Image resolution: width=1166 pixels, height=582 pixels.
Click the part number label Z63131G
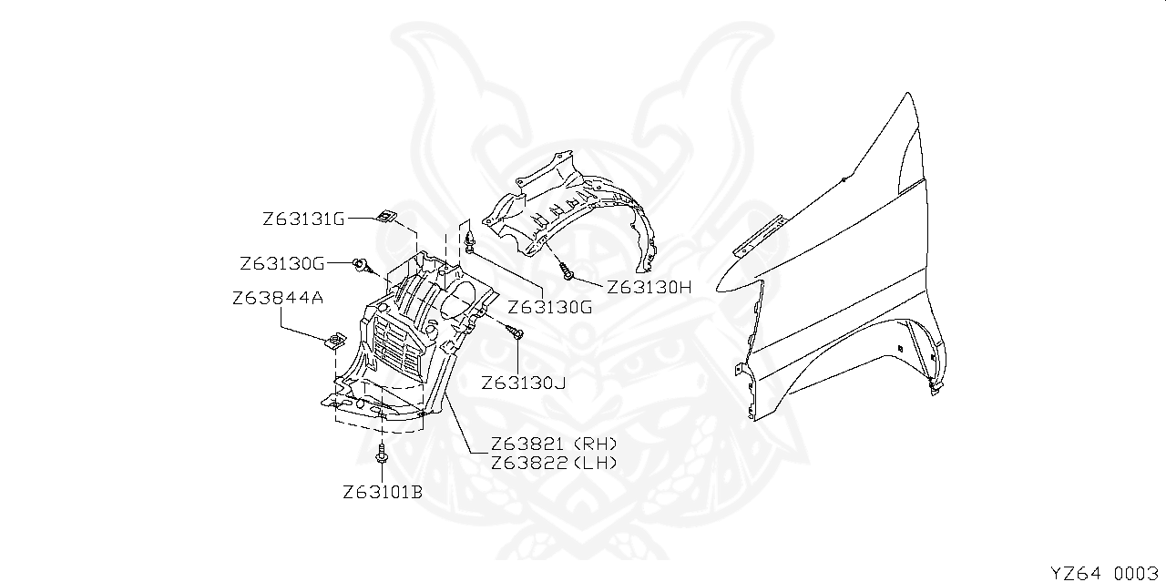pyautogui.click(x=303, y=220)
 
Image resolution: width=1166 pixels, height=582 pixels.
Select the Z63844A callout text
pyautogui.click(x=278, y=299)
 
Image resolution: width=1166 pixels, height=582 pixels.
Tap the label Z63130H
pyautogui.click(x=649, y=287)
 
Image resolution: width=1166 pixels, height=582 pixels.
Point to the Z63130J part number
pyautogui.click(x=523, y=383)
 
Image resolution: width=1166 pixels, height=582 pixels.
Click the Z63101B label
pyautogui.click(x=383, y=492)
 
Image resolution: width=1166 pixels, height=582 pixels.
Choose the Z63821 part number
pyautogui.click(x=527, y=444)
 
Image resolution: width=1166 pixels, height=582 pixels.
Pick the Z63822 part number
pyautogui.click(x=527, y=463)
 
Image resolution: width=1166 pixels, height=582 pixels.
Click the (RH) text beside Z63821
pyautogui.click(x=595, y=444)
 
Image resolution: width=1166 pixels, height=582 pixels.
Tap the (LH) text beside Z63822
pyautogui.click(x=595, y=463)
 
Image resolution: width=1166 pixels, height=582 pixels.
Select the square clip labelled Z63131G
pyautogui.click(x=385, y=216)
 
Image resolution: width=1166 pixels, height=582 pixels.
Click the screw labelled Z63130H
pyautogui.click(x=567, y=271)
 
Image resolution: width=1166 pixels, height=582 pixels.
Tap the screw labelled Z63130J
pyautogui.click(x=516, y=332)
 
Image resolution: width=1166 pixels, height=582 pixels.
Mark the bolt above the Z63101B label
pyautogui.click(x=382, y=453)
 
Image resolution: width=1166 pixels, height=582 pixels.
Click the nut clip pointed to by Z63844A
pyautogui.click(x=334, y=341)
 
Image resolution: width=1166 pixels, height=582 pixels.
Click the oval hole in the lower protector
pyautogui.click(x=457, y=301)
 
